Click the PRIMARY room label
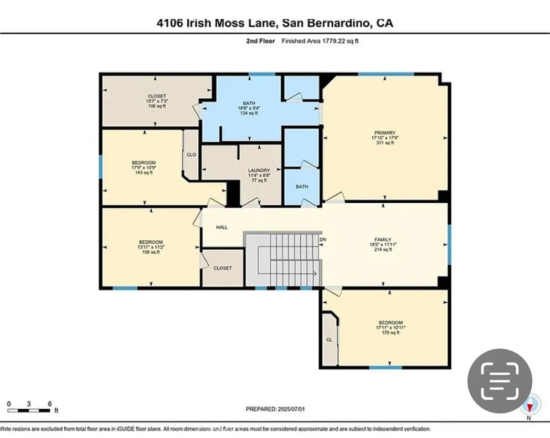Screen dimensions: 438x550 click(384, 132)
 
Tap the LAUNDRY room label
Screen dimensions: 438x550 click(259, 171)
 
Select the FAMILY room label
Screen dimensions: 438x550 click(383, 240)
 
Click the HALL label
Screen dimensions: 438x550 click(222, 227)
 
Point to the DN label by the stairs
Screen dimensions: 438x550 click(323, 240)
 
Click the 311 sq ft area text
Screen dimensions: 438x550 click(384, 143)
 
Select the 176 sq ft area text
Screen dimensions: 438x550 click(390, 333)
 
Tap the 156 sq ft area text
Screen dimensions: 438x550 click(151, 252)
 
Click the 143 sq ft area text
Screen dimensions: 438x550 click(143, 173)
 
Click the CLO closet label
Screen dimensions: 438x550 click(192, 155)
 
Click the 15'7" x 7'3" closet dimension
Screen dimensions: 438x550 click(157, 101)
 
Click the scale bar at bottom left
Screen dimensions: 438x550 click(29, 410)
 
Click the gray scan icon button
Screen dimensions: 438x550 click(500, 381)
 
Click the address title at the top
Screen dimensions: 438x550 click(275, 23)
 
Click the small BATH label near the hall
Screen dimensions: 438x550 click(302, 187)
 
